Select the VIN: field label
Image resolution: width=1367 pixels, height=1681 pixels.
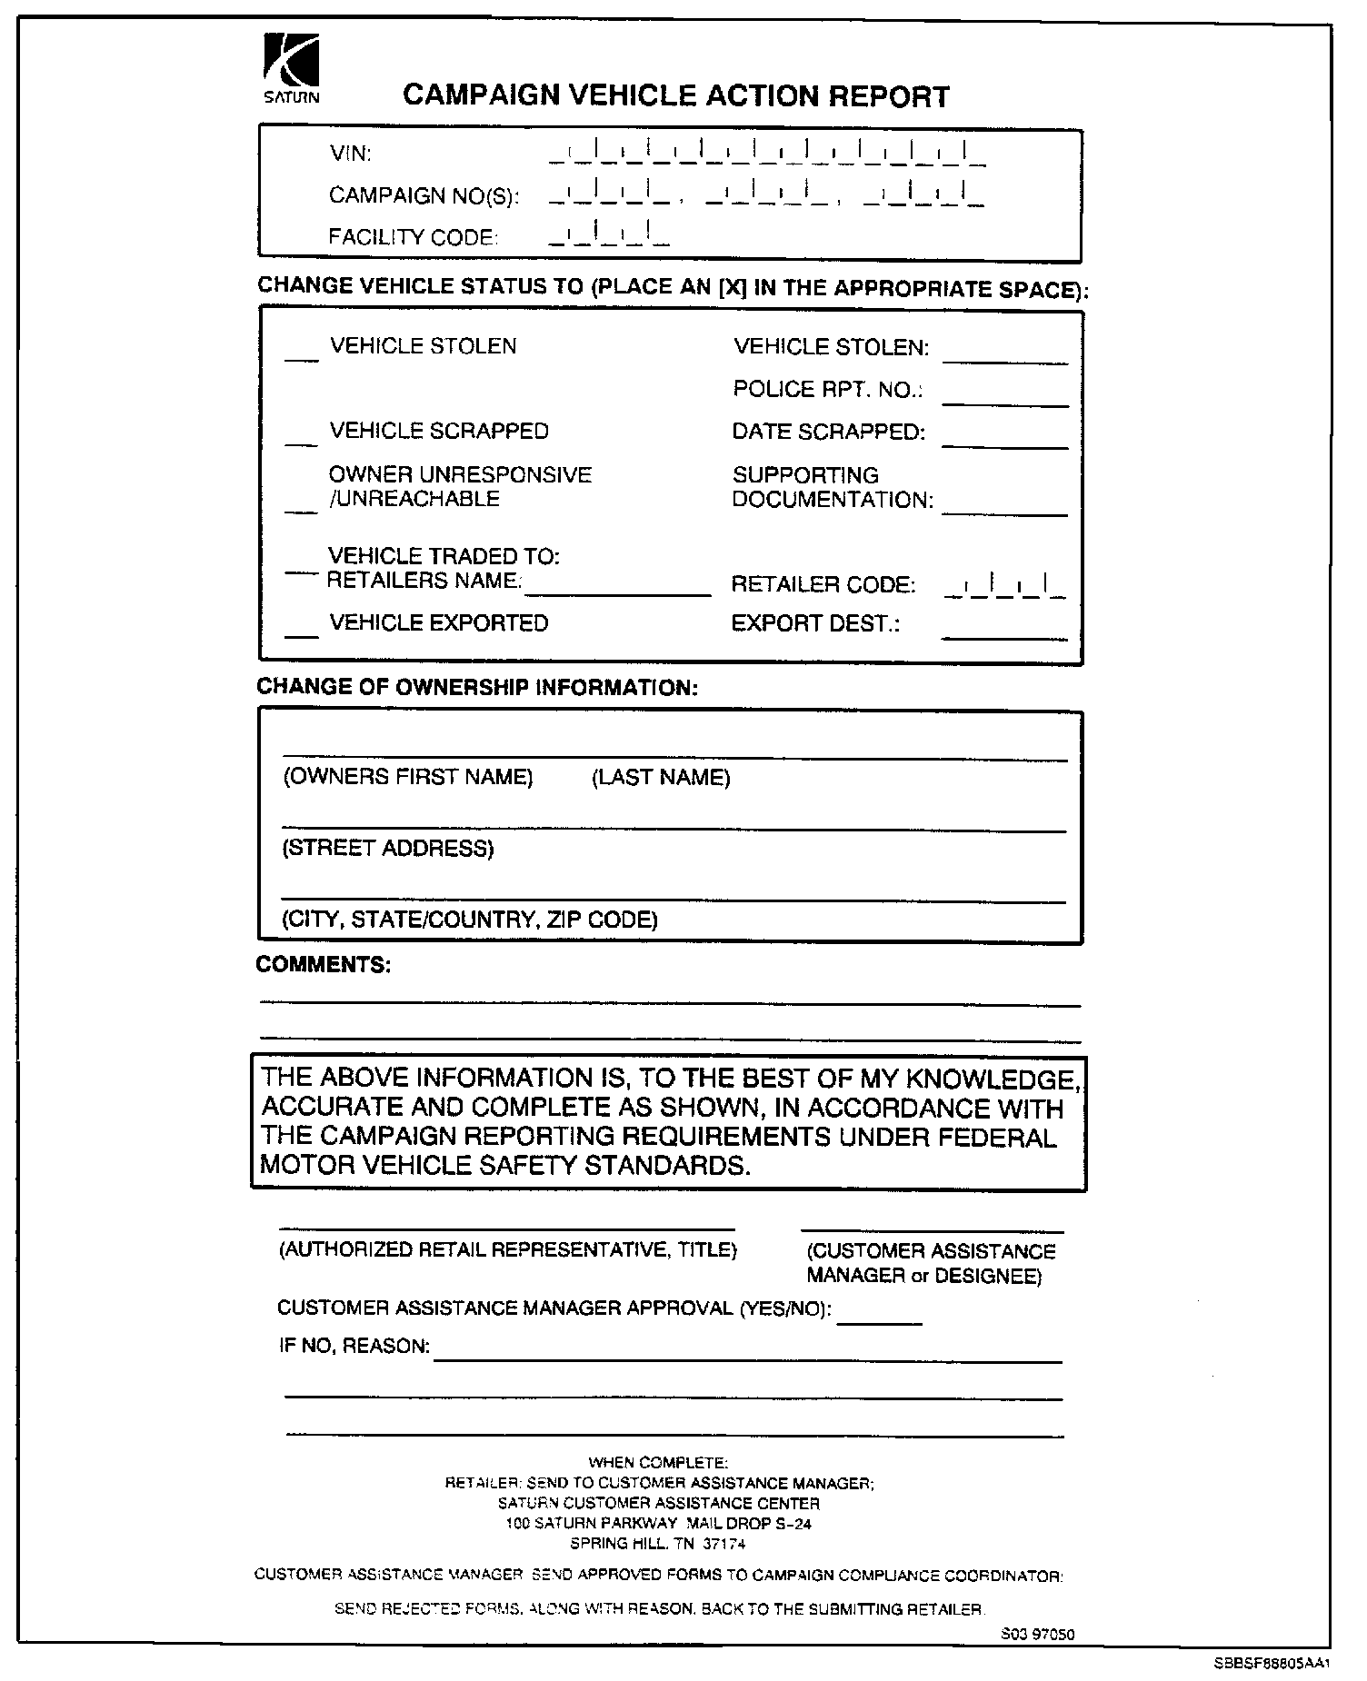tap(350, 154)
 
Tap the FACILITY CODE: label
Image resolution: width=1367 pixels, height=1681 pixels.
tap(414, 237)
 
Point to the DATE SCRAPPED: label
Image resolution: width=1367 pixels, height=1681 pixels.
tap(828, 433)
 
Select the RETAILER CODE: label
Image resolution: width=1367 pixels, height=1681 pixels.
tap(823, 585)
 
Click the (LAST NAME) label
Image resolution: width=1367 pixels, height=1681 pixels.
tap(661, 778)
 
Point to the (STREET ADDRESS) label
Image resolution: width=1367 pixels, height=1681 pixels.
tap(388, 849)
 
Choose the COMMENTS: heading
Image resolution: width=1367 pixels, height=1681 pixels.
tap(324, 965)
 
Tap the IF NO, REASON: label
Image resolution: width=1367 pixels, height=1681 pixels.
tap(354, 1347)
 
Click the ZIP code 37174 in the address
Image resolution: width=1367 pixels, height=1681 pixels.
tap(724, 1544)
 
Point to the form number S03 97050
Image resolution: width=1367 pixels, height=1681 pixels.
tap(1037, 1635)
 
